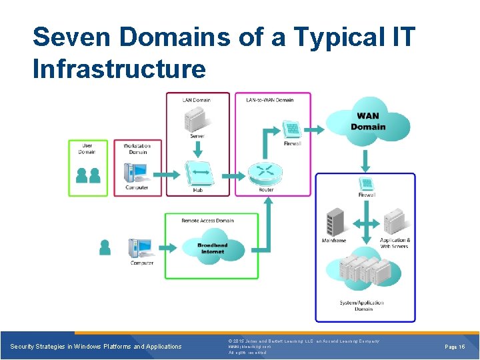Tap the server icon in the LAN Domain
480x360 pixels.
(x=196, y=119)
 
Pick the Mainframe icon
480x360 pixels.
(x=333, y=222)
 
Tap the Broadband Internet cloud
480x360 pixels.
(x=213, y=248)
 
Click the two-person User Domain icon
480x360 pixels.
(x=88, y=175)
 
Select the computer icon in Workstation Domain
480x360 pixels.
(x=137, y=173)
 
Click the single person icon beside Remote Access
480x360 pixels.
(x=105, y=247)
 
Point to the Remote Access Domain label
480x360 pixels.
(x=207, y=221)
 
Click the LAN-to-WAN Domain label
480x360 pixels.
(x=269, y=100)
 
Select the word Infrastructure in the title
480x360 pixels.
(x=119, y=68)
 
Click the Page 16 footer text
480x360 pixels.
(x=454, y=347)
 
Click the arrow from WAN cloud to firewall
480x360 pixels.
(x=365, y=160)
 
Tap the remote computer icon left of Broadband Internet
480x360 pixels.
(x=141, y=248)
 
